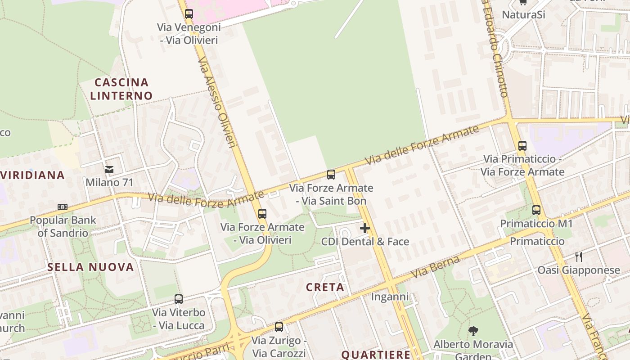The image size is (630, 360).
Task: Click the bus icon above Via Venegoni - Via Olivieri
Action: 189,13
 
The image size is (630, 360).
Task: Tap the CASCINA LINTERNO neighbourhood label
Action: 121,89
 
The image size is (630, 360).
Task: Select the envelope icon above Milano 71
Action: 109,170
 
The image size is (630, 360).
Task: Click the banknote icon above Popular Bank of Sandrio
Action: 63,207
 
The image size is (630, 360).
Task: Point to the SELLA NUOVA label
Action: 90,267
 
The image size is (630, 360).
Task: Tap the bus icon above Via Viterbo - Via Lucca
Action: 179,299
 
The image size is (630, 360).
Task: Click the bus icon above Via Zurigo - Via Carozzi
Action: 279,327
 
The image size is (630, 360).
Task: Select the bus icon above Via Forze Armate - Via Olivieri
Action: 262,214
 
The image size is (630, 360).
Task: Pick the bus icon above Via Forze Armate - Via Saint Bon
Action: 331,175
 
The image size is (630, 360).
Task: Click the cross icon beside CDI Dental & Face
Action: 365,229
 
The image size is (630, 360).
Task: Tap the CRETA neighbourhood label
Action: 325,287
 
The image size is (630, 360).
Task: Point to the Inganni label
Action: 390,297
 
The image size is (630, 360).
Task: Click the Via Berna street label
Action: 436,267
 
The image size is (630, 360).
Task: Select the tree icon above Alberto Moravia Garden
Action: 473,332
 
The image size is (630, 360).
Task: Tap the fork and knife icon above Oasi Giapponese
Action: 579,257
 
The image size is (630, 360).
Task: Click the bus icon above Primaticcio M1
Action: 536,210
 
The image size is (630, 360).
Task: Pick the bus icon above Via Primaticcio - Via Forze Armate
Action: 522,146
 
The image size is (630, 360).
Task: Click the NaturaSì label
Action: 523,14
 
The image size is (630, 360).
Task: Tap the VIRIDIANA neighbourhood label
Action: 32,175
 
